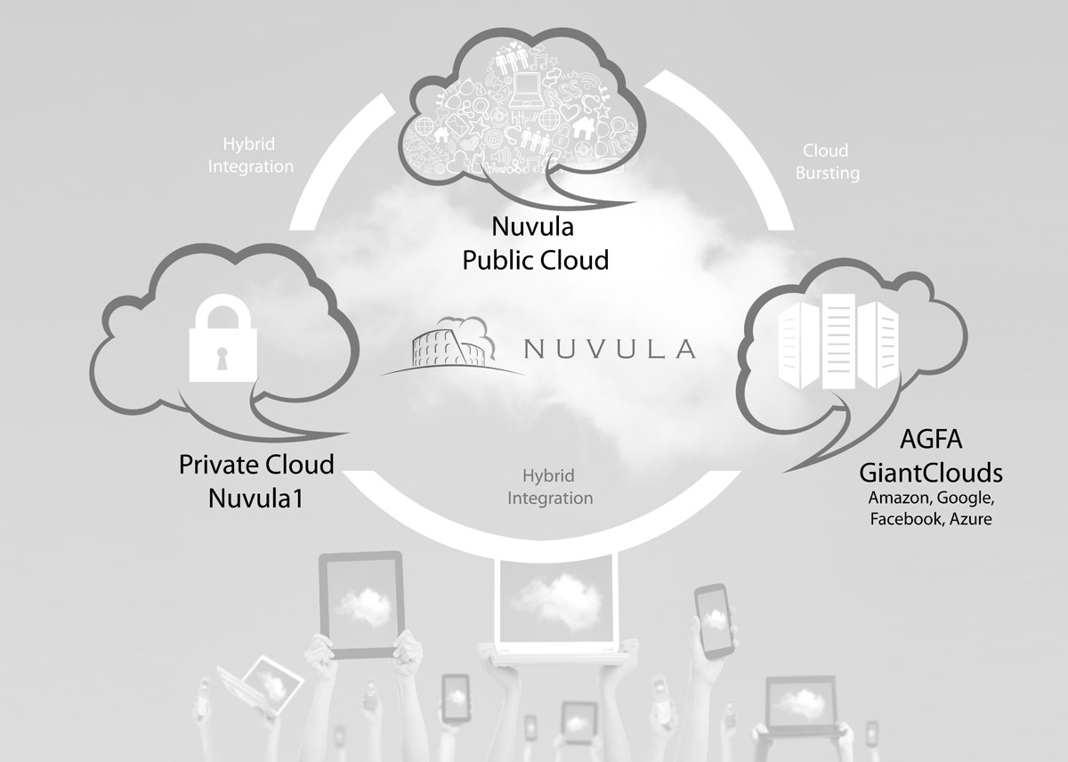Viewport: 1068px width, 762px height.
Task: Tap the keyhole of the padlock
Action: click(223, 360)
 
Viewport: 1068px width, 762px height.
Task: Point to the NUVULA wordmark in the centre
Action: click(609, 348)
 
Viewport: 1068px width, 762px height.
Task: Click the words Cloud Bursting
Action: click(827, 162)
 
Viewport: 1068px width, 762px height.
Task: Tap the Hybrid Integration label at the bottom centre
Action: click(550, 487)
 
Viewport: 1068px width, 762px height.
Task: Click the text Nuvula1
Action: click(255, 497)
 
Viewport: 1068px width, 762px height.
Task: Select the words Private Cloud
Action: click(256, 465)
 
